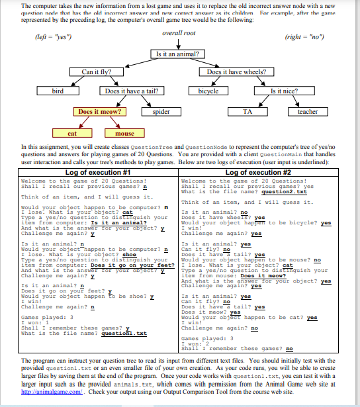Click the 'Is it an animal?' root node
(179, 53)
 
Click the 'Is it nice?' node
(285, 91)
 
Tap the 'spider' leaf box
(161, 112)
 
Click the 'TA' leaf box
(247, 112)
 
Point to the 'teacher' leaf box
(308, 112)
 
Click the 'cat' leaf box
(71, 133)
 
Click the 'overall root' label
(179, 32)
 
